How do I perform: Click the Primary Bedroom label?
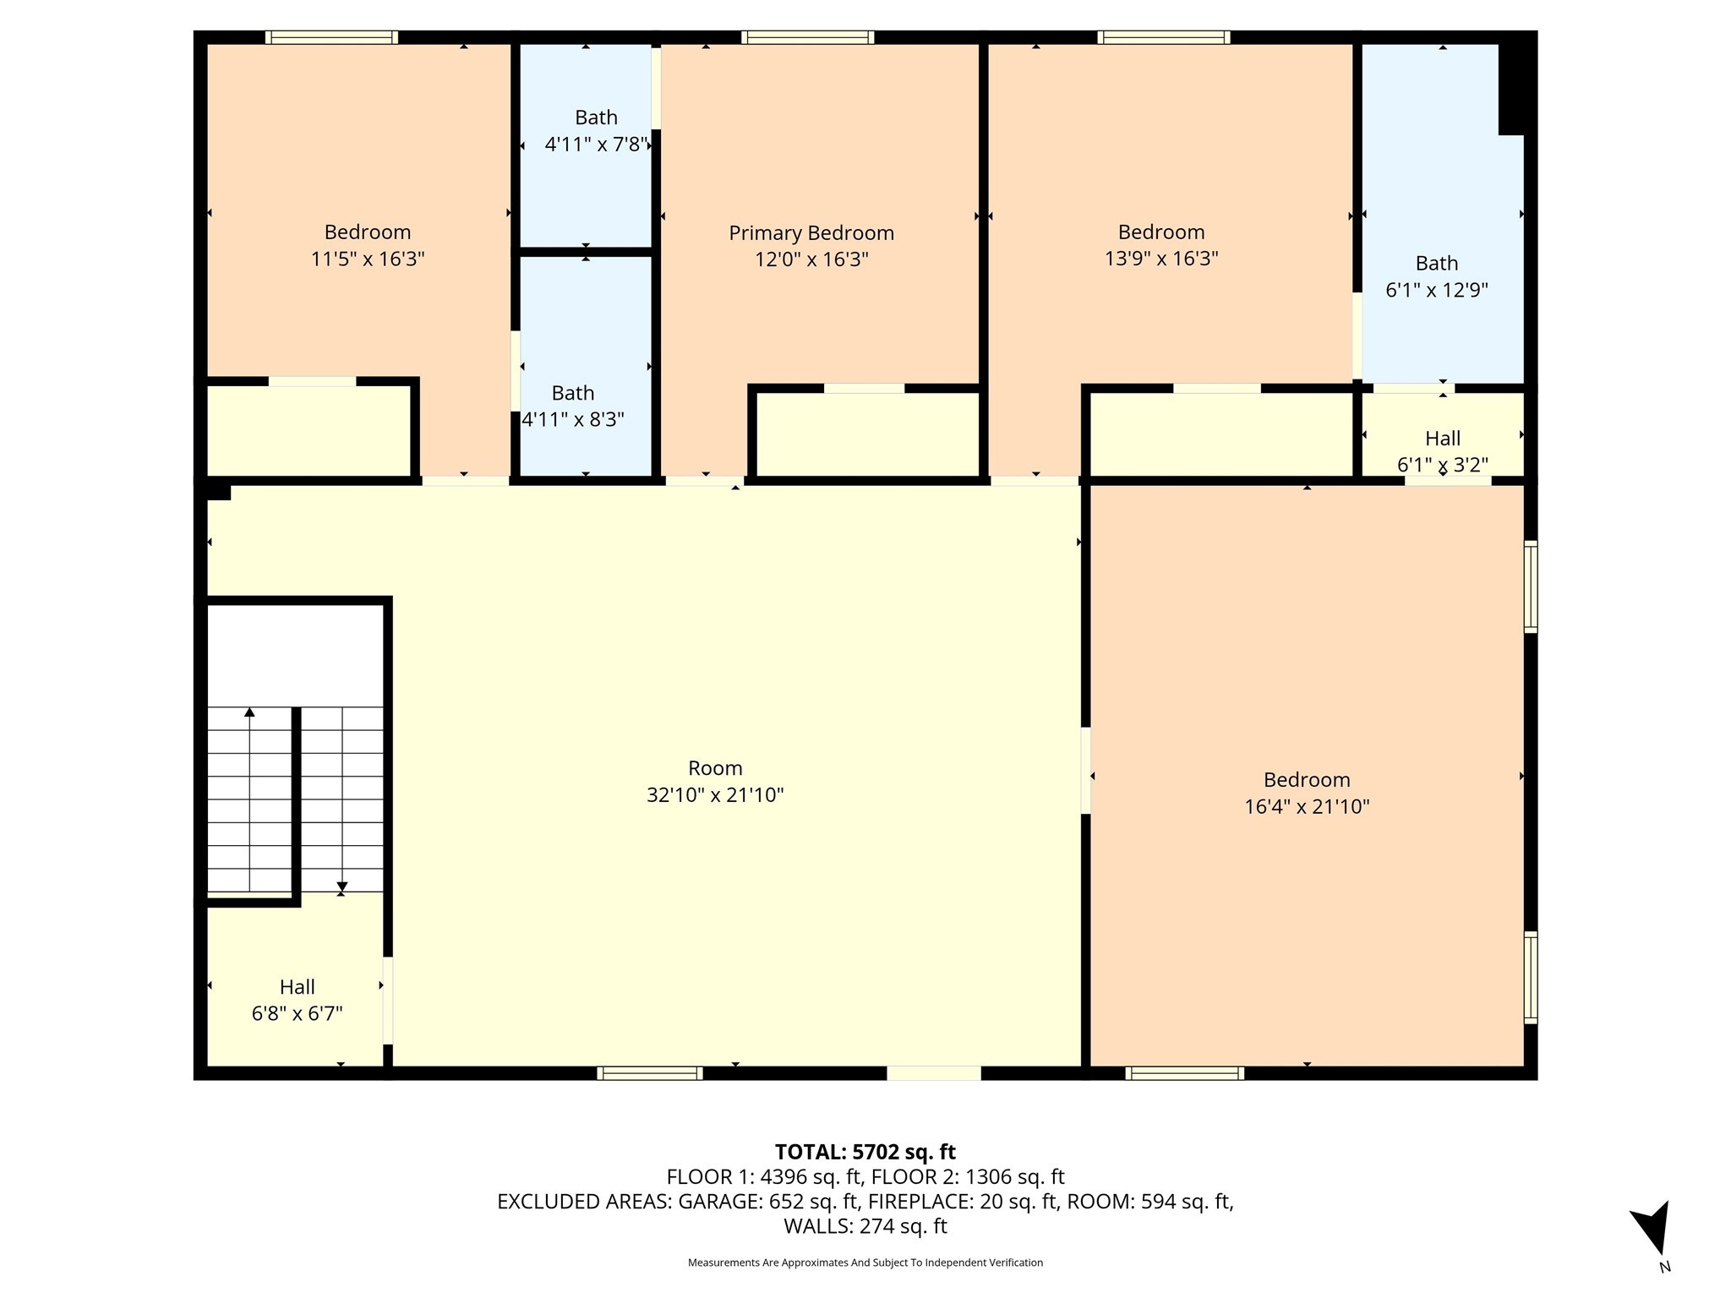(811, 233)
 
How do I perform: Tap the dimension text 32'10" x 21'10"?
(715, 795)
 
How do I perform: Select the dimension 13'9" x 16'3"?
(1161, 259)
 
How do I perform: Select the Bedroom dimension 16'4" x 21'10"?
(1307, 806)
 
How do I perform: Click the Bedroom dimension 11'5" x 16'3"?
(368, 259)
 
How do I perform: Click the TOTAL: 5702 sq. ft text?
(865, 1152)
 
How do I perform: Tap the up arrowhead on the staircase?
(249, 712)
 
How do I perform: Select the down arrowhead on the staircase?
(341, 887)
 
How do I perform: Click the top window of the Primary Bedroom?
(807, 37)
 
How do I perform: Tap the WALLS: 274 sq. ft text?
(865, 1226)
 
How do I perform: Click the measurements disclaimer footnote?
(865, 1263)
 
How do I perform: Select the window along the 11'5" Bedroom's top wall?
(331, 37)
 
